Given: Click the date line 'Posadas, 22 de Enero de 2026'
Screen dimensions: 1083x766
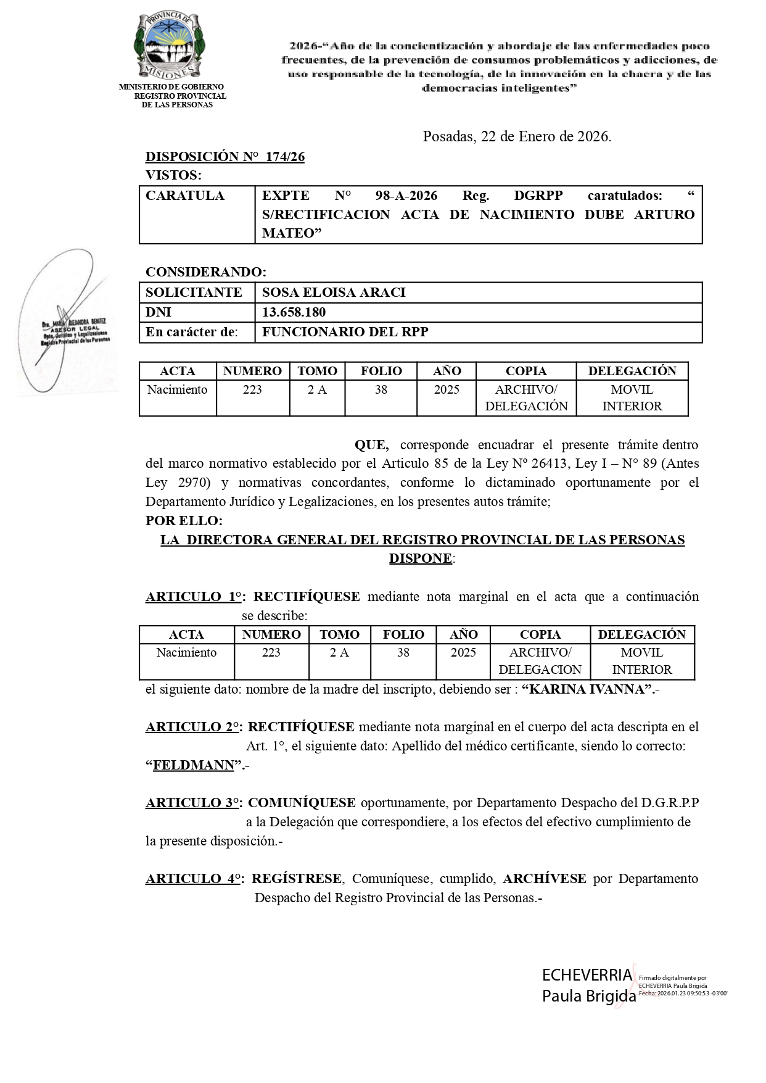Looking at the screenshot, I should tap(517, 137).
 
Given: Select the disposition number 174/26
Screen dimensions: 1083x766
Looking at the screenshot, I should tap(285, 157).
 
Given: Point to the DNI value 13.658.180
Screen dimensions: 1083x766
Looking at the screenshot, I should tap(294, 312).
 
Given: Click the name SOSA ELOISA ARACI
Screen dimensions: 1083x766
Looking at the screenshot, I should tap(334, 293).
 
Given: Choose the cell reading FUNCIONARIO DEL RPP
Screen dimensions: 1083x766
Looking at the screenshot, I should tap(345, 332).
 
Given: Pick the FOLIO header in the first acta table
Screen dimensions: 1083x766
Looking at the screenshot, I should tap(381, 371).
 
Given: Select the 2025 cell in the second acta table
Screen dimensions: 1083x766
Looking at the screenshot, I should tap(463, 652).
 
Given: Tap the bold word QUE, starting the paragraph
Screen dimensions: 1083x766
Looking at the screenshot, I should tap(371, 445).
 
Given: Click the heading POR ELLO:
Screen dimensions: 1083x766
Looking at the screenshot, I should tap(184, 521).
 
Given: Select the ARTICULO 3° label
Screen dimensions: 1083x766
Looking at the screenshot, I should tap(193, 803).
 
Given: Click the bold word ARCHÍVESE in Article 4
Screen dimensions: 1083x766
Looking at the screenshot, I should tap(544, 879).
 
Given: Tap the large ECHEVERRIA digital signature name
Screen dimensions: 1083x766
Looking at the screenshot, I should tap(587, 976).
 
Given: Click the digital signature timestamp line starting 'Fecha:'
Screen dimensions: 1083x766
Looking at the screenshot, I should tap(683, 994).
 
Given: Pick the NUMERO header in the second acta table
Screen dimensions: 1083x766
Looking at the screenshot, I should tap(271, 634).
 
